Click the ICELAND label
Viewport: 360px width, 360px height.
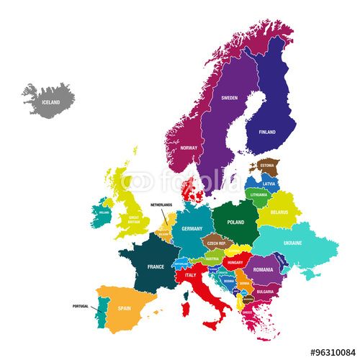tap(51, 102)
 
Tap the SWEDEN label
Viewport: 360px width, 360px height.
tap(229, 98)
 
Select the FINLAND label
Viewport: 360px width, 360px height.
tap(267, 132)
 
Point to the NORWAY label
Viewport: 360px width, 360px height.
tap(189, 148)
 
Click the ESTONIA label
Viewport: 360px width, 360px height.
tap(267, 166)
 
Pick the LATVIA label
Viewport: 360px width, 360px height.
tap(269, 183)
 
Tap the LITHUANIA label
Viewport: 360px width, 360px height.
tap(258, 194)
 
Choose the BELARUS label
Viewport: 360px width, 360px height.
tap(280, 212)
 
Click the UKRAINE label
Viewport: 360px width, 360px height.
tap(292, 243)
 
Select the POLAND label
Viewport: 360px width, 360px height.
tap(236, 222)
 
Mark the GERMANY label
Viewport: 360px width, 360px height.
tap(192, 228)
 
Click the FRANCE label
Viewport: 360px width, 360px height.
tap(156, 266)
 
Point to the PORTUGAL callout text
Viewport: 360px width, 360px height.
tap(81, 306)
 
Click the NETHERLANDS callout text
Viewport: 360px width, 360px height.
tap(161, 205)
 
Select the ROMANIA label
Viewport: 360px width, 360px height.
tap(263, 269)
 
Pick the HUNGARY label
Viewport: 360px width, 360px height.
tap(235, 263)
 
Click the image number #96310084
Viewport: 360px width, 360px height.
tap(333, 353)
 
